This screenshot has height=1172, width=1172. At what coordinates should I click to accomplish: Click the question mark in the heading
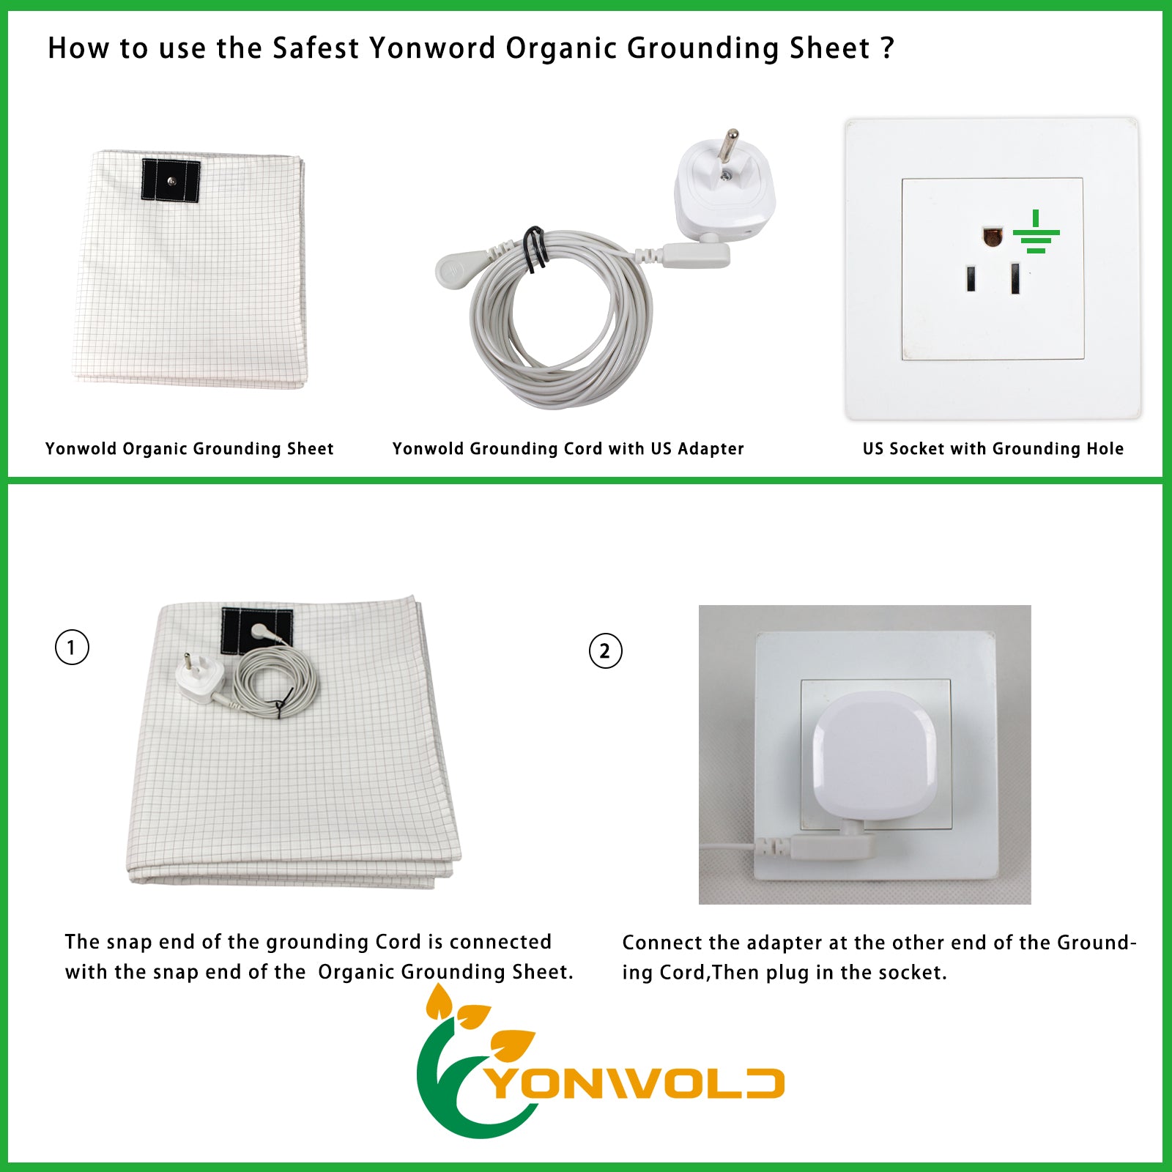[x=887, y=48]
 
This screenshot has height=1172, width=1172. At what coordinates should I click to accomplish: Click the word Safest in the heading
[x=316, y=48]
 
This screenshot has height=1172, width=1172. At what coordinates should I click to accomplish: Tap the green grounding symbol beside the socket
[x=1036, y=231]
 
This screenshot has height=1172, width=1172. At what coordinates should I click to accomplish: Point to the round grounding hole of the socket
[x=993, y=237]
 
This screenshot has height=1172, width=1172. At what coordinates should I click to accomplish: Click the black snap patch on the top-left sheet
[x=171, y=180]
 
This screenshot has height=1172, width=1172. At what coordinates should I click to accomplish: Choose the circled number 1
[x=72, y=648]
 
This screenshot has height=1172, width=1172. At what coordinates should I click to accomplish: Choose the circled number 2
[x=605, y=650]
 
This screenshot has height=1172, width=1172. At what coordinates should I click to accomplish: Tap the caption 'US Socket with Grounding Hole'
[x=993, y=448]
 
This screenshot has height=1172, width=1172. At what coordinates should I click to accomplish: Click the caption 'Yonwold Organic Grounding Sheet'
[x=189, y=448]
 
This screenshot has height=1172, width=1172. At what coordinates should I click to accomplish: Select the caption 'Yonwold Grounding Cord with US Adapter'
[x=568, y=448]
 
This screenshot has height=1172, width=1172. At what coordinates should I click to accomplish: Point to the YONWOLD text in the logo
[x=636, y=1083]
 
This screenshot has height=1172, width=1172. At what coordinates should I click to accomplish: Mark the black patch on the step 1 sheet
[x=257, y=631]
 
